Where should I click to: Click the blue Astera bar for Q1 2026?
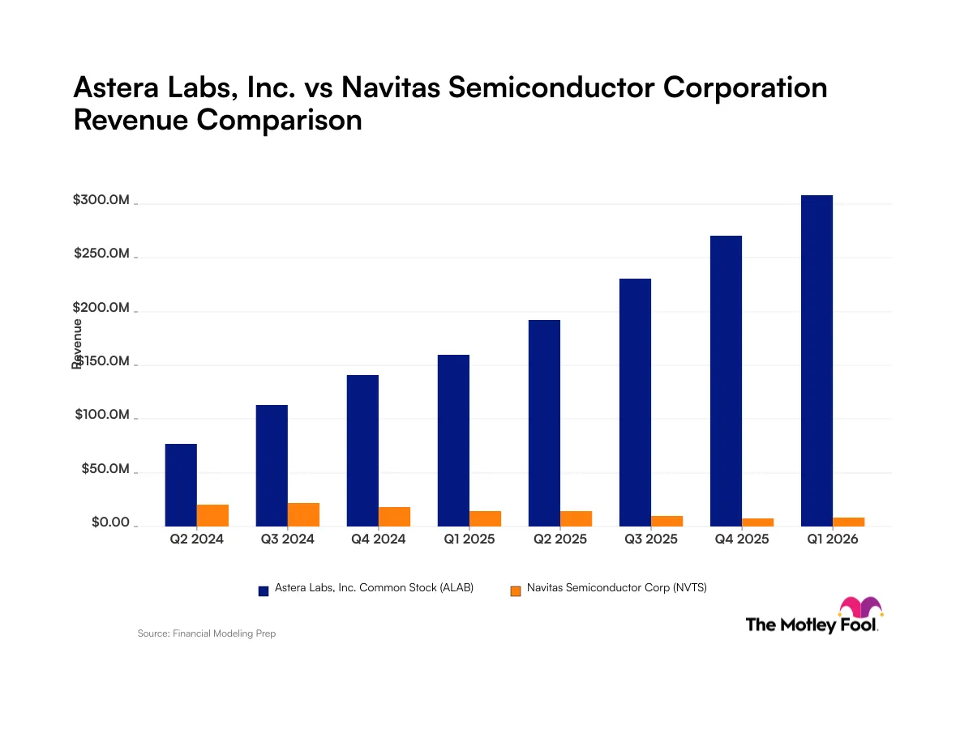click(817, 360)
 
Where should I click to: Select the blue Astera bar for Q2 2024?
click(181, 484)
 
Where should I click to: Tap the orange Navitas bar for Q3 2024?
click(303, 514)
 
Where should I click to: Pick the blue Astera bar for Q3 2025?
click(635, 403)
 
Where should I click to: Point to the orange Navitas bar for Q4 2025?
click(757, 522)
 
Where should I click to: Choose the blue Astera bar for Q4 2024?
click(362, 450)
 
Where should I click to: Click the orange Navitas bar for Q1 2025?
click(485, 518)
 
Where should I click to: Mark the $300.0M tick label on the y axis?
click(101, 199)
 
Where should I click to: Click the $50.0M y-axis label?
click(105, 468)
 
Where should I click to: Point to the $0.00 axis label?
click(110, 522)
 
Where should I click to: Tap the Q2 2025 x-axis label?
click(559, 539)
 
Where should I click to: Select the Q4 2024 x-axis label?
click(378, 539)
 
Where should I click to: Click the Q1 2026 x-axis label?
click(832, 539)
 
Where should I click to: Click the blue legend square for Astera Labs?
click(264, 591)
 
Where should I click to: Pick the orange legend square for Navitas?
click(515, 591)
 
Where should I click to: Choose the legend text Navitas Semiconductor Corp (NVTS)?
click(616, 587)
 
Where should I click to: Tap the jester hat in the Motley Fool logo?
click(860, 607)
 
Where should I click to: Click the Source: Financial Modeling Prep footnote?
click(207, 633)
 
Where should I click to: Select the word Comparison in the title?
click(279, 121)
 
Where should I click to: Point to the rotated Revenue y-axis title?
click(77, 343)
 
